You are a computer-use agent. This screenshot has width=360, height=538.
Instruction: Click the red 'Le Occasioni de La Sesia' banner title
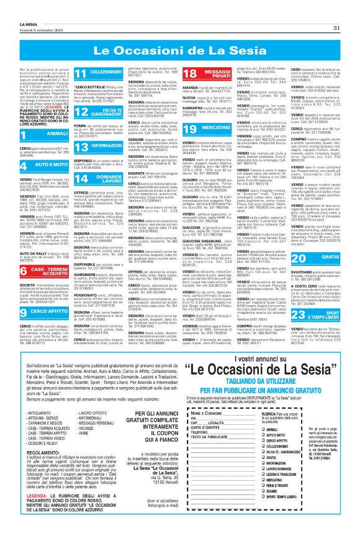pyautogui.click(x=180, y=48)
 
